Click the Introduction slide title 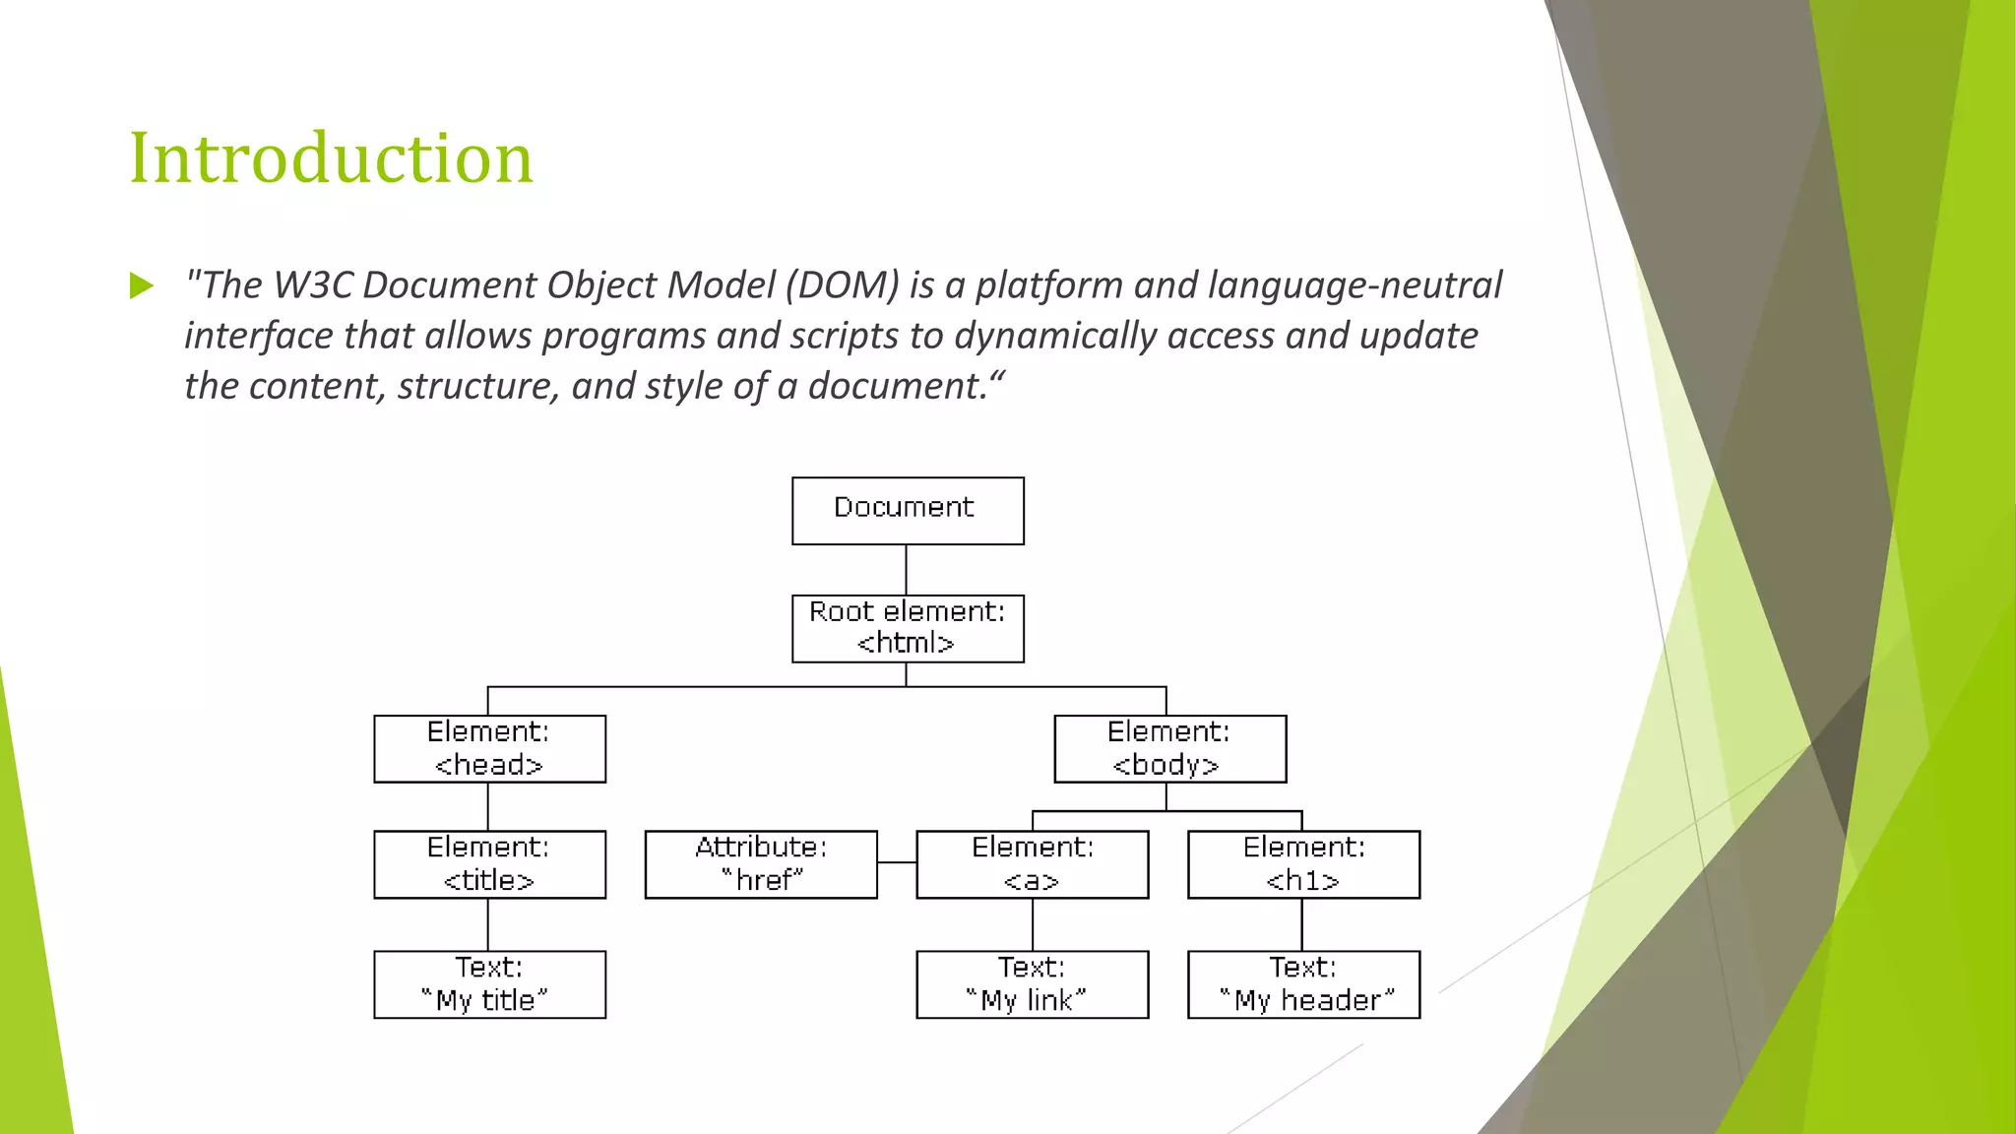click(x=331, y=157)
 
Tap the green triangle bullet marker click(x=142, y=286)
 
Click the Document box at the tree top click(x=907, y=510)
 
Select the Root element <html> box click(x=907, y=628)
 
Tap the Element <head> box click(x=489, y=749)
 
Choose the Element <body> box click(x=1169, y=749)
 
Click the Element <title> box click(x=489, y=864)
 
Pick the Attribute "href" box click(x=761, y=864)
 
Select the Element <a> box click(x=1032, y=864)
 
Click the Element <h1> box click(x=1303, y=864)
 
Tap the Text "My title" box click(x=489, y=984)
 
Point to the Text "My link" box click(x=1032, y=984)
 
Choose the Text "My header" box click(x=1303, y=984)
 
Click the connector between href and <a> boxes click(x=897, y=862)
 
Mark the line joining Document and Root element click(x=906, y=570)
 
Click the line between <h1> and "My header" click(x=1302, y=924)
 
